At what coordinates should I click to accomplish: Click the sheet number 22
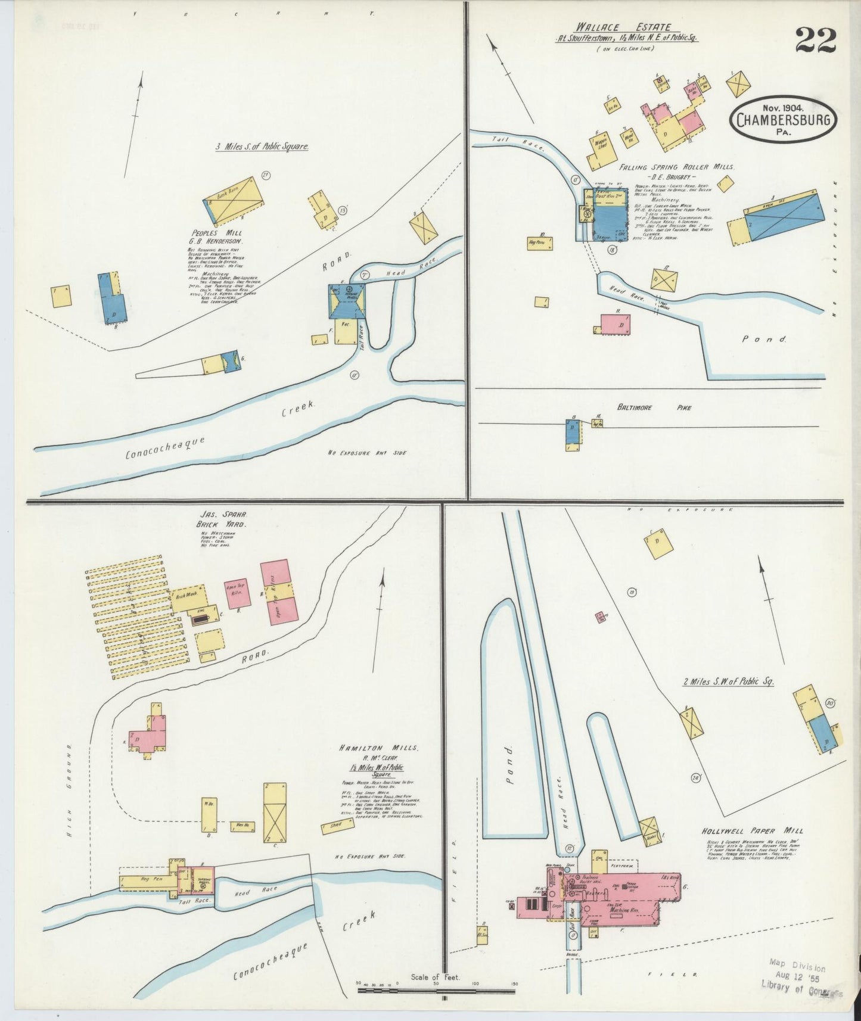(x=815, y=41)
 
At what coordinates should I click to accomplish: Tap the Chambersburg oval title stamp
(x=782, y=119)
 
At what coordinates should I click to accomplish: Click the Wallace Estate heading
(x=623, y=27)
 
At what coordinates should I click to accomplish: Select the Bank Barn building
(x=234, y=200)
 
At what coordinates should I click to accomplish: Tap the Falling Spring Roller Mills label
(x=676, y=168)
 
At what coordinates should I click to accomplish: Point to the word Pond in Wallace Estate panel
(x=764, y=339)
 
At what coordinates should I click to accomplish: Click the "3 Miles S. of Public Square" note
(x=262, y=147)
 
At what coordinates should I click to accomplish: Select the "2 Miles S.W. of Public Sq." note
(x=728, y=681)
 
